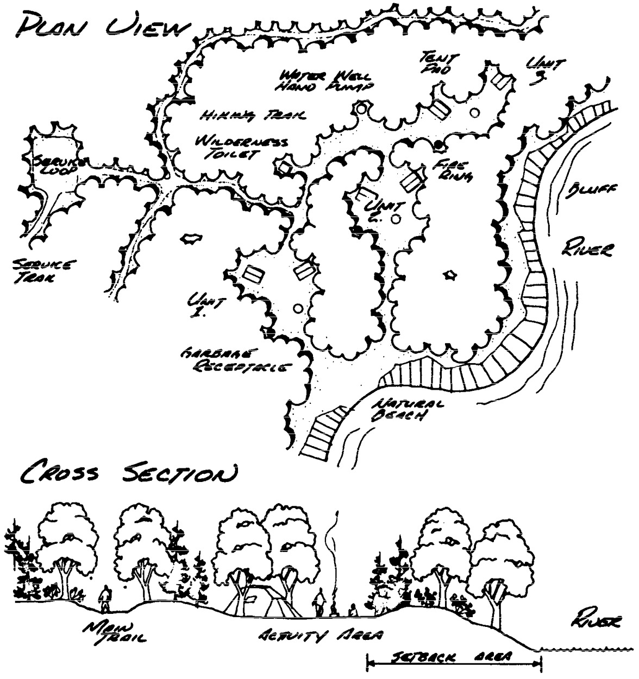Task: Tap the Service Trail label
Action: coord(43,270)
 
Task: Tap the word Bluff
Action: coord(595,191)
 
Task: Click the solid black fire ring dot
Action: coord(438,144)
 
